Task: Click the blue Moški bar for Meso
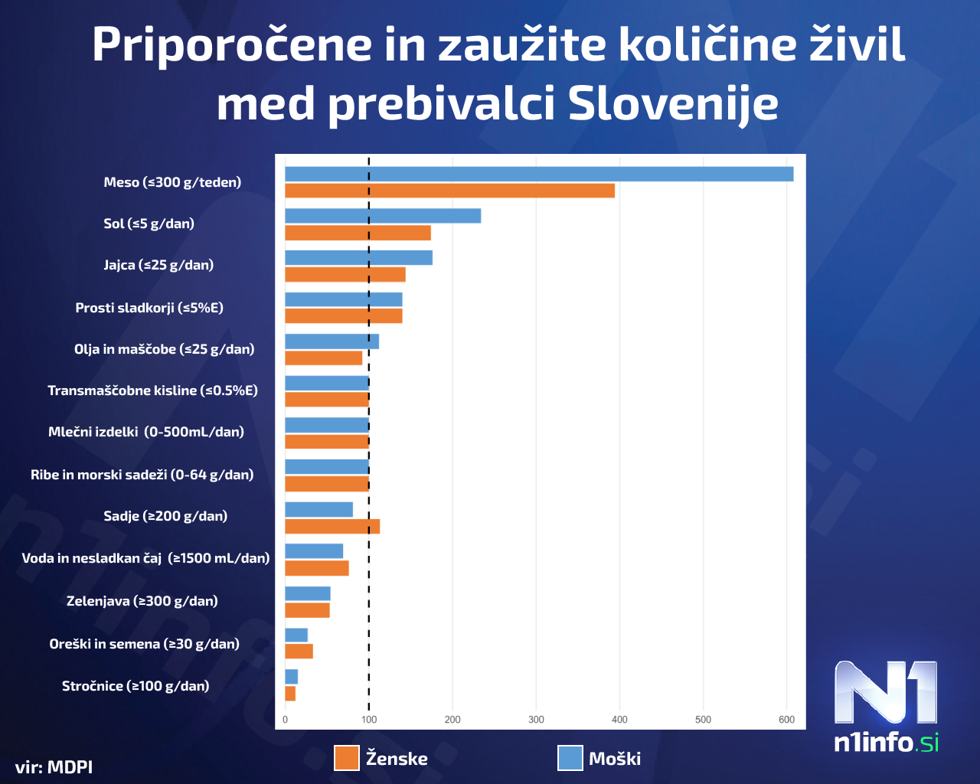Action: tap(539, 174)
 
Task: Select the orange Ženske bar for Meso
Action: tap(449, 191)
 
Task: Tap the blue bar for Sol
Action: tap(383, 216)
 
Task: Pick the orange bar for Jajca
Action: tap(345, 274)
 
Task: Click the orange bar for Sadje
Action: tap(332, 526)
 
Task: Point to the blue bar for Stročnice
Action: tap(291, 677)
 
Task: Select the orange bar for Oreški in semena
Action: tap(299, 652)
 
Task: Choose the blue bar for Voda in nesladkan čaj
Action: tap(314, 551)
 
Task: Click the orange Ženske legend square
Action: tap(347, 758)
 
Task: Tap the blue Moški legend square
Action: tap(570, 758)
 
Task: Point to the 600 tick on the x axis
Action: tap(786, 720)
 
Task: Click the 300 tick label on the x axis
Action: tap(536, 720)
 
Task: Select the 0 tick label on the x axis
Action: tap(286, 720)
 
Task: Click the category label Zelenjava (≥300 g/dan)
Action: tap(142, 601)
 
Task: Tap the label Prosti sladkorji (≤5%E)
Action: tap(149, 308)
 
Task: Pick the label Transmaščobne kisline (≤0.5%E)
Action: tap(152, 390)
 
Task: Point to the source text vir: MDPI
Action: tap(54, 766)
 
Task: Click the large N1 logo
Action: tap(886, 692)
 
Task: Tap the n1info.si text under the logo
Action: tap(886, 742)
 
